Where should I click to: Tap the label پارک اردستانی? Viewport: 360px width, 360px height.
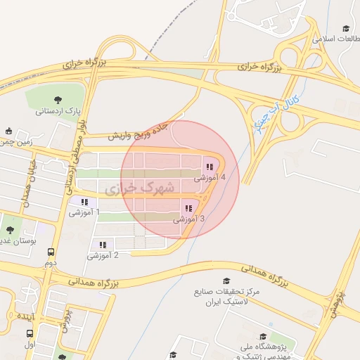[58, 111]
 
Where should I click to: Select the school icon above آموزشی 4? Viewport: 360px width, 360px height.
[209, 167]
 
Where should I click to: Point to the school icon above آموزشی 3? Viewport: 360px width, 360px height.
[188, 209]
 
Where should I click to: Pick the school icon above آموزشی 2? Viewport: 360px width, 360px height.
[103, 245]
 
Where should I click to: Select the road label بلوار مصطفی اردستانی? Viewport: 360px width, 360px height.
[70, 162]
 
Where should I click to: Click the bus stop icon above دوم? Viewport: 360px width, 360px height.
[51, 252]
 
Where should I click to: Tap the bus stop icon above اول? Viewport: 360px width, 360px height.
[30, 334]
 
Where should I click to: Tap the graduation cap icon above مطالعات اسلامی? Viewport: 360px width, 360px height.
[345, 28]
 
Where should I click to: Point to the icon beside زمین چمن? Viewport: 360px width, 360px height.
[8, 131]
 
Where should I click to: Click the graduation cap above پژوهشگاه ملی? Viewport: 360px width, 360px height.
[262, 337]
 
